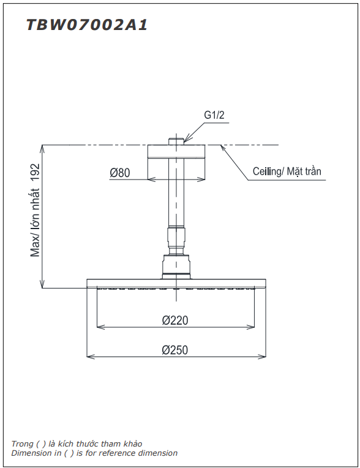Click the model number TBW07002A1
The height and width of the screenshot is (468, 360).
click(86, 25)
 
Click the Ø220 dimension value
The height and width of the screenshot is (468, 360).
click(175, 320)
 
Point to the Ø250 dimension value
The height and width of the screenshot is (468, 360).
click(175, 350)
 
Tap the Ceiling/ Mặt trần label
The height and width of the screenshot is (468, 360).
click(287, 172)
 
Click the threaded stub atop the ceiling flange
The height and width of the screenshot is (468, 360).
click(176, 141)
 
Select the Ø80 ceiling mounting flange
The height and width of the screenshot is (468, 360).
click(176, 151)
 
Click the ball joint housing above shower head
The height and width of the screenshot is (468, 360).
click(176, 266)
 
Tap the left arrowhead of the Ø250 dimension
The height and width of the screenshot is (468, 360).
click(90, 355)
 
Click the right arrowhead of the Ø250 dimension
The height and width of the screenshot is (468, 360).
click(263, 355)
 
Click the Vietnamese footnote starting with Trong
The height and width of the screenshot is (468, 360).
click(77, 443)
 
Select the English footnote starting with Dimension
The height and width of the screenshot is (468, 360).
click(94, 453)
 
